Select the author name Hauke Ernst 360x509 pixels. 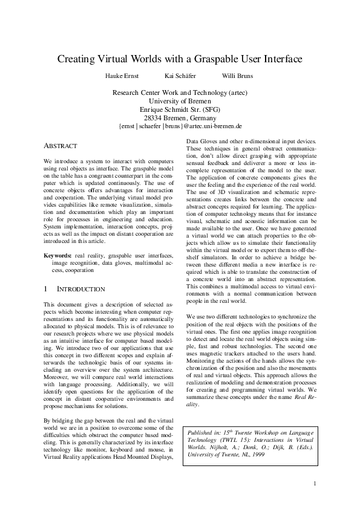pos(123,76)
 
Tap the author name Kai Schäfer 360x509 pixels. pos(178,76)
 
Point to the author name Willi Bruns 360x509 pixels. pos(237,76)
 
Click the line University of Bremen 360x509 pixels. pos(180,101)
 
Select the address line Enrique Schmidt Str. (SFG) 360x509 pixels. pos(180,109)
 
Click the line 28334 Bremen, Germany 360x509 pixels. pos(180,118)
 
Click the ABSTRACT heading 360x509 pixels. pos(61,146)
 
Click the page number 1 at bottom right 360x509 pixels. pos(315,483)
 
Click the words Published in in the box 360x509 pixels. pos(206,433)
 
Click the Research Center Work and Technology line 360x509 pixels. pos(180,92)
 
